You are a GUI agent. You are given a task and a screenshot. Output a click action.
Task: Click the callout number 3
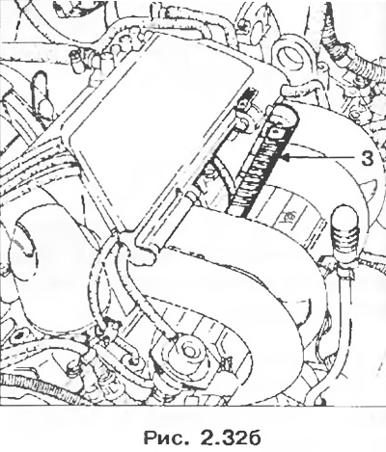[367, 159]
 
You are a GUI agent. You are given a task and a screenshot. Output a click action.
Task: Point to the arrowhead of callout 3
[285, 157]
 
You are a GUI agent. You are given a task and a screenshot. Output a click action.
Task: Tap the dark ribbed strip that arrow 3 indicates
[263, 162]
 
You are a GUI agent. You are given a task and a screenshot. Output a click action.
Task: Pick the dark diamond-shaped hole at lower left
[22, 335]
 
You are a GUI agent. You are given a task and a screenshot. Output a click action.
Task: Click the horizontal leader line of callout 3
[320, 157]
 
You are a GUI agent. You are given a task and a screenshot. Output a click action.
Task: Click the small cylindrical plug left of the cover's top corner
[76, 59]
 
